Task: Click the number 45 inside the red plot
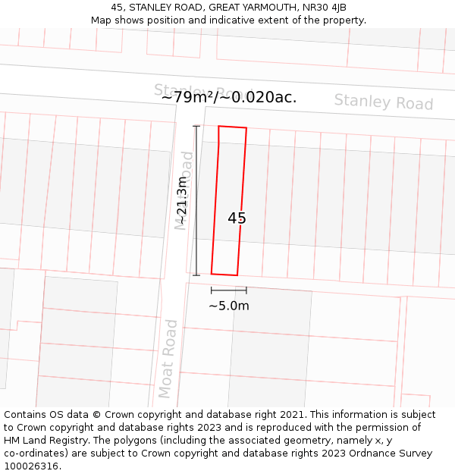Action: (237, 218)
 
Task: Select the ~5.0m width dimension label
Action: (228, 306)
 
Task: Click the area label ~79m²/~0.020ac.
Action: (229, 96)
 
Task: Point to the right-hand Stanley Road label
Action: (384, 102)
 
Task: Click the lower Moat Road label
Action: (168, 358)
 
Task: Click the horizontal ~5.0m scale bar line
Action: (228, 290)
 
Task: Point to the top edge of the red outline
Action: (233, 127)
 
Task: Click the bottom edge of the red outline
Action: (224, 275)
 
